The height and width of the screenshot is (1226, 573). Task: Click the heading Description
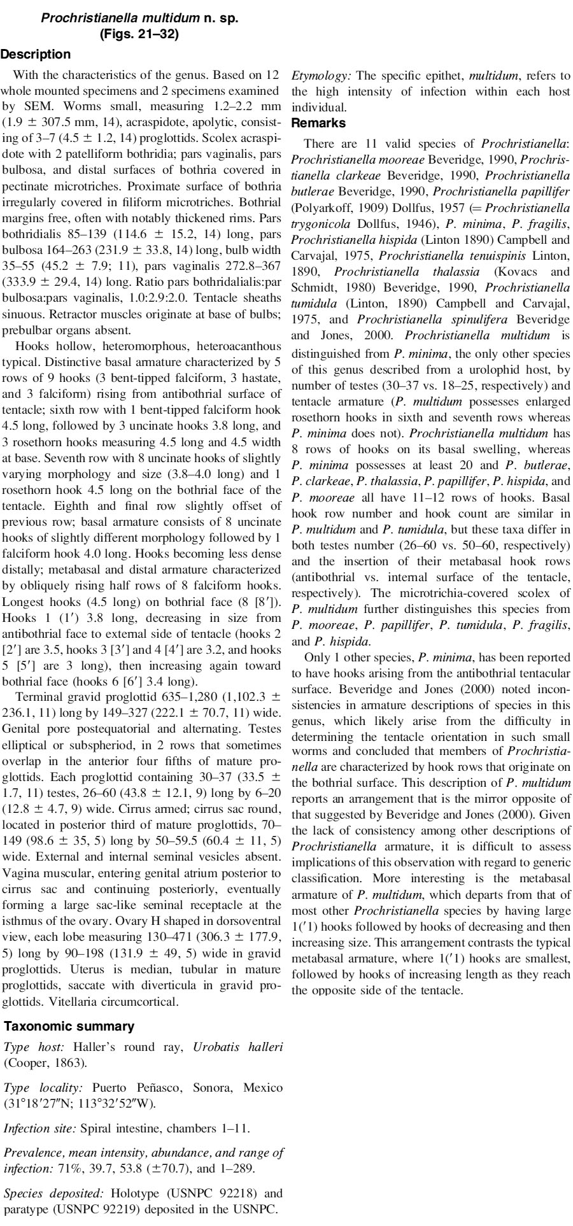tap(36, 54)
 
